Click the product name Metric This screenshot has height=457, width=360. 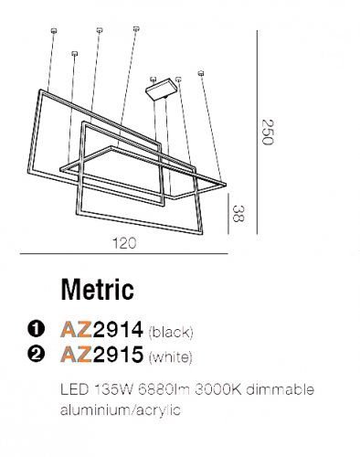[x=97, y=290]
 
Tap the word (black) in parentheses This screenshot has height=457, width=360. [x=171, y=330]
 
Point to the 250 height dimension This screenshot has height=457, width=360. [x=267, y=133]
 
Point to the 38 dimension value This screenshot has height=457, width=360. [x=239, y=215]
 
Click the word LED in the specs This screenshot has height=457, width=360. [x=70, y=389]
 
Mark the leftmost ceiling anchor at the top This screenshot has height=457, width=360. [x=53, y=33]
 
